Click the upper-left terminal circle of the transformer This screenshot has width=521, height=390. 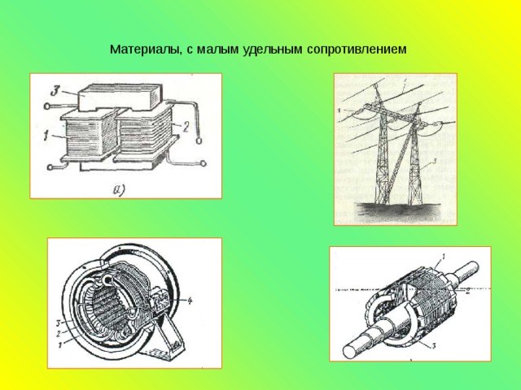coord(48,106)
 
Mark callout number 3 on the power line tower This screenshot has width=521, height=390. coord(436,163)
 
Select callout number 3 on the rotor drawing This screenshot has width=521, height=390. coord(433,347)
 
